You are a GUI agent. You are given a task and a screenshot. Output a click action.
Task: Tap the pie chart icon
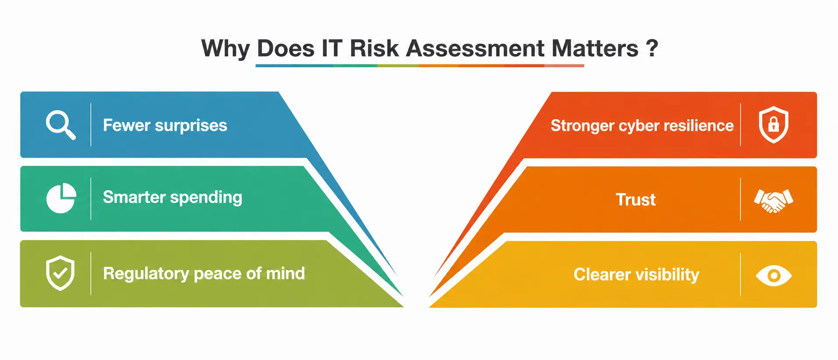coord(61,198)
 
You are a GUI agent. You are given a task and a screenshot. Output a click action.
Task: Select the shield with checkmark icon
coord(60,273)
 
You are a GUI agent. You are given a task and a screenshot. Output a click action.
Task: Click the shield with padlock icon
coord(774,124)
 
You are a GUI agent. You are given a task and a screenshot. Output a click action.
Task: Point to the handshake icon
coord(774,201)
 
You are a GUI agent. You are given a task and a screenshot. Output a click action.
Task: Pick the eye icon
coord(774,275)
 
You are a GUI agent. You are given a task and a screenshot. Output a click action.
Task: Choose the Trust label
coord(636,200)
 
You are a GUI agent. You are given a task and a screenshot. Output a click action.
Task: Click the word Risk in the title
coord(375,48)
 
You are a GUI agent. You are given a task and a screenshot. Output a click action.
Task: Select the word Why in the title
coord(225,49)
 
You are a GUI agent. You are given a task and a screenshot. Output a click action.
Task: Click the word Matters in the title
coord(595,48)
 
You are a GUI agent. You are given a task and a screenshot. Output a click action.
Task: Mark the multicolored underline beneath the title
coord(420,66)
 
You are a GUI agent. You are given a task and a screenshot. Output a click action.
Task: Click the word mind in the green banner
coord(285,273)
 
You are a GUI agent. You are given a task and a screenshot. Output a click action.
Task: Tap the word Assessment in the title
coord(475,48)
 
